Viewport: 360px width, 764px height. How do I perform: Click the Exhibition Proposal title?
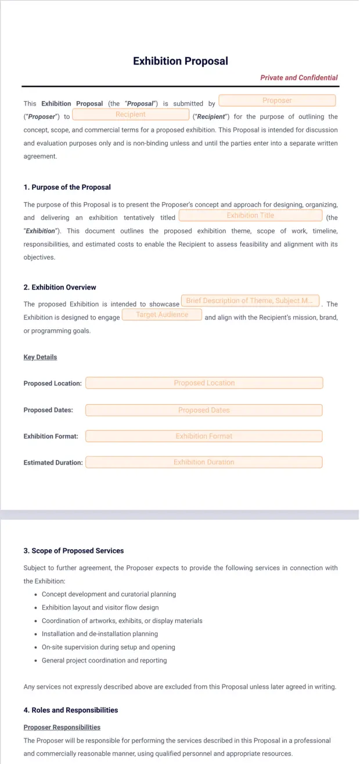[x=180, y=61]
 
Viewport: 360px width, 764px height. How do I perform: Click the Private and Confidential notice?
[x=298, y=78]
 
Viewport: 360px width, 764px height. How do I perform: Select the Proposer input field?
[x=277, y=101]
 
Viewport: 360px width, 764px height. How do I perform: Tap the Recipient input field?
[x=131, y=115]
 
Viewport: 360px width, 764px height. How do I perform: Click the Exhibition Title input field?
[x=250, y=215]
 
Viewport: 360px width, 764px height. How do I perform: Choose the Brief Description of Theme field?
[x=250, y=301]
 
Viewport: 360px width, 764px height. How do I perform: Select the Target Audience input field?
[x=162, y=315]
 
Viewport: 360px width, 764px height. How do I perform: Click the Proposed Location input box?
[x=204, y=383]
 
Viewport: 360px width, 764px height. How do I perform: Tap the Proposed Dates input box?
[x=204, y=410]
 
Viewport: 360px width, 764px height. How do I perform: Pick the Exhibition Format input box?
[x=204, y=436]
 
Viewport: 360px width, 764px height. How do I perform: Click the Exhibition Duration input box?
[x=204, y=462]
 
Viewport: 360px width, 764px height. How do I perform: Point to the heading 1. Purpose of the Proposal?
[x=67, y=188]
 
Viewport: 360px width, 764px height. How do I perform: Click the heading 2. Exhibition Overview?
[x=60, y=287]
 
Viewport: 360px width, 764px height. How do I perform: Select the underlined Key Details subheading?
[x=40, y=357]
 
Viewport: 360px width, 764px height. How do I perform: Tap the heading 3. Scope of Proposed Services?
[x=74, y=550]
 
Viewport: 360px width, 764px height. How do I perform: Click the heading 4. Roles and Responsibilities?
[x=71, y=710]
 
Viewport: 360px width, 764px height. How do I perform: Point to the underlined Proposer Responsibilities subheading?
[x=62, y=727]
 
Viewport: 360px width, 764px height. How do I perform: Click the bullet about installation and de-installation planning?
[x=100, y=634]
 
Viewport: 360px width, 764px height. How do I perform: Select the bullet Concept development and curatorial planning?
[x=109, y=594]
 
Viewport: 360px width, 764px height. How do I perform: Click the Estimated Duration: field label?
[x=53, y=463]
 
